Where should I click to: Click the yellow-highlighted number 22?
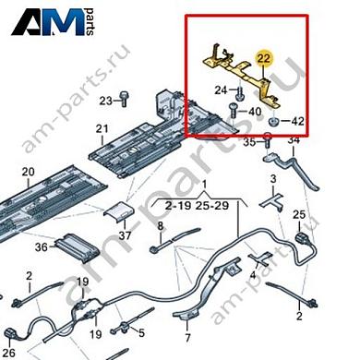pyautogui.click(x=264, y=59)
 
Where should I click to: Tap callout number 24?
pyautogui.click(x=222, y=90)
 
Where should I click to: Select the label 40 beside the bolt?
pyautogui.click(x=255, y=111)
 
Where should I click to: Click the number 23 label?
pyautogui.click(x=105, y=99)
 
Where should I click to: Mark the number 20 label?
pyautogui.click(x=27, y=171)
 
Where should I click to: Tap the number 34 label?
pyautogui.click(x=294, y=140)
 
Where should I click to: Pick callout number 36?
pyautogui.click(x=41, y=247)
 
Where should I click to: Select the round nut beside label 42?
pyautogui.click(x=274, y=122)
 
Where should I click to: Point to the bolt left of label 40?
pyautogui.click(x=234, y=111)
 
